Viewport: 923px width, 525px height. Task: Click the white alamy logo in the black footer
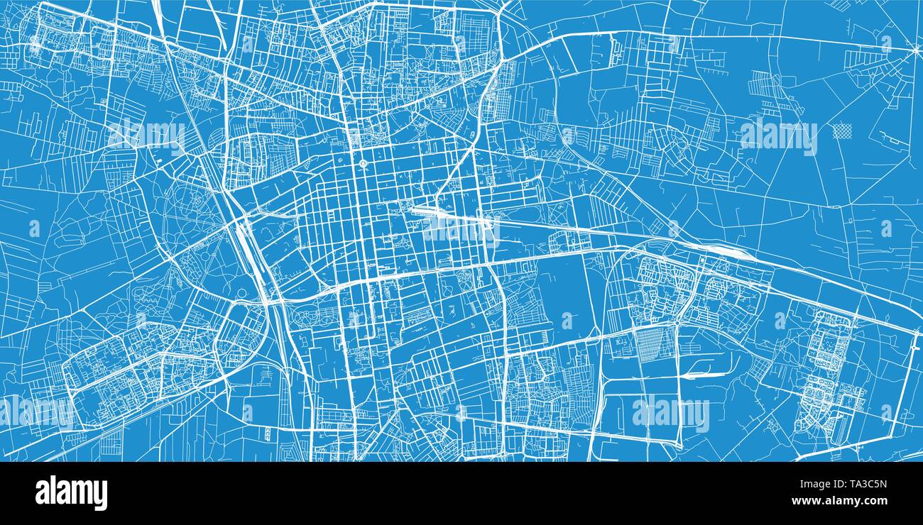click(x=71, y=492)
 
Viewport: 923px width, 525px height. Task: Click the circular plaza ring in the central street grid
click(x=363, y=164)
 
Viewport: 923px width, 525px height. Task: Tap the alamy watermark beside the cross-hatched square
click(x=778, y=137)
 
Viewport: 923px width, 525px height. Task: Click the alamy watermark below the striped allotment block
click(x=670, y=413)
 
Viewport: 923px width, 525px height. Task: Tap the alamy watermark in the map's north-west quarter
click(x=146, y=136)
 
